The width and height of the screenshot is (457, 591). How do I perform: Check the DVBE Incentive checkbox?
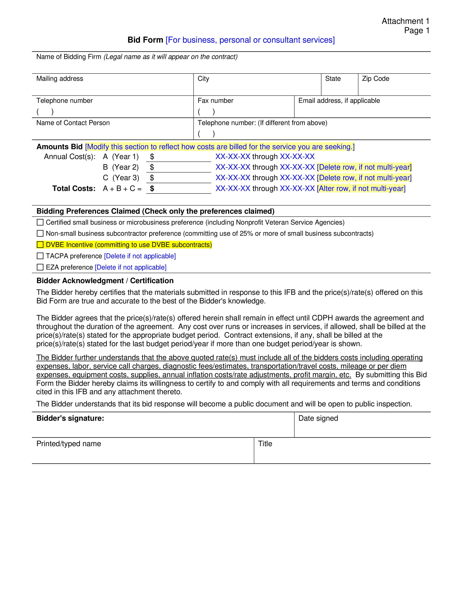40,245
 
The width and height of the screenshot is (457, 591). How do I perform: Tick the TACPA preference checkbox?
40,256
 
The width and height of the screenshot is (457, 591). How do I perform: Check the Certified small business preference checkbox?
40,222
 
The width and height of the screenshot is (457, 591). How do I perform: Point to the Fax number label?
215,101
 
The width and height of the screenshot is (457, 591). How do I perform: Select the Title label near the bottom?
265,444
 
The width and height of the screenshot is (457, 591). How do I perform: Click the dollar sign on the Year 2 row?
152,167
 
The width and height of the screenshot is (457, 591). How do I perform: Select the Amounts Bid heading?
59,147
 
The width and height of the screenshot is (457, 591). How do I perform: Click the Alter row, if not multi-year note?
361,188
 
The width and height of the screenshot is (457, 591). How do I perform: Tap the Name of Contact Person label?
73,123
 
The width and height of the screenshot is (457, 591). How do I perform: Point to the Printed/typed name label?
69,444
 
